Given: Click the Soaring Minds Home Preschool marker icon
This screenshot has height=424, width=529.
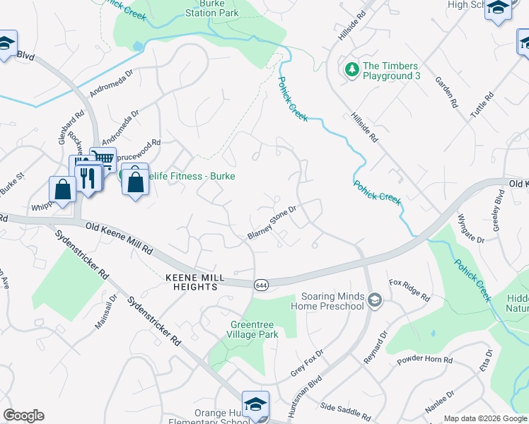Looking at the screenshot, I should click(x=375, y=301).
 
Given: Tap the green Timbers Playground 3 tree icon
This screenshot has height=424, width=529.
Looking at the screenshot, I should click(x=351, y=70).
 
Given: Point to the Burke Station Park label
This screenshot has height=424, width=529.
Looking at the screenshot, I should click(x=210, y=8).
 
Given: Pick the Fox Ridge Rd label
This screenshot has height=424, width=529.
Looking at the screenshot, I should click(x=409, y=290).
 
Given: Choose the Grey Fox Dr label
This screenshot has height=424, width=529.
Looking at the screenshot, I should click(x=307, y=363).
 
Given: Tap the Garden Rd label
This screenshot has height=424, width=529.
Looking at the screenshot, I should click(x=448, y=93).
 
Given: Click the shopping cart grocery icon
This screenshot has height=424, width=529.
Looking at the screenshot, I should click(x=103, y=160).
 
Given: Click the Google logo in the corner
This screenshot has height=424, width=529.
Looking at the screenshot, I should click(x=23, y=416).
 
